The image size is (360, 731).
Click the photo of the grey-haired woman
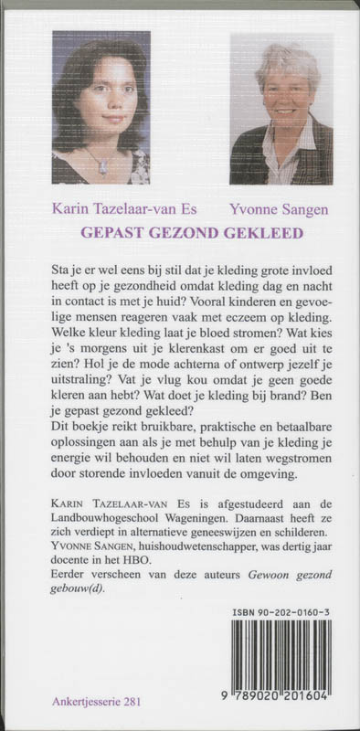pos(268,110)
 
